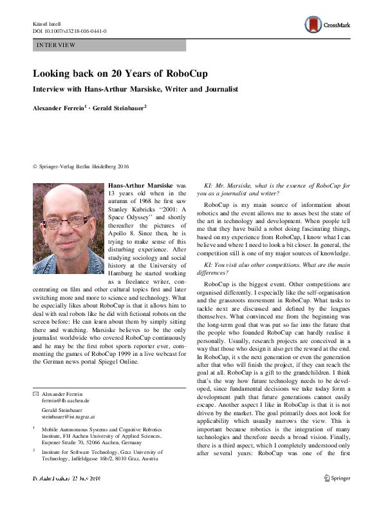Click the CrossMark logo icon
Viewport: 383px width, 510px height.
pos(313,25)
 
